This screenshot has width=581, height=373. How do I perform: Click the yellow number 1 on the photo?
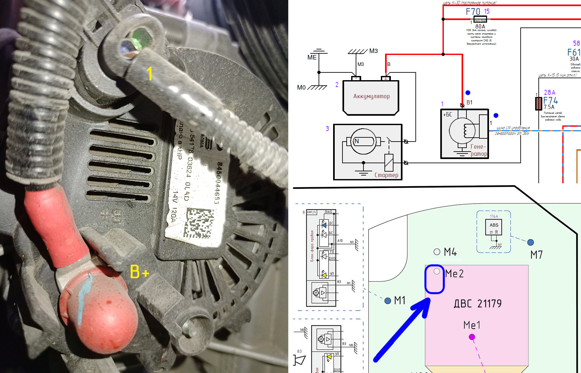(149, 74)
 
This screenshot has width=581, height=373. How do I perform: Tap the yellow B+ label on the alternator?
(139, 272)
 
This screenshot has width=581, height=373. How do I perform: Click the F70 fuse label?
(473, 12)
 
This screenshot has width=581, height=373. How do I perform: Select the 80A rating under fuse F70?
(480, 27)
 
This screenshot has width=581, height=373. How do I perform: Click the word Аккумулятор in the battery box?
(371, 96)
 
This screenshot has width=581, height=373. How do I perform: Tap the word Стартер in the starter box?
(386, 175)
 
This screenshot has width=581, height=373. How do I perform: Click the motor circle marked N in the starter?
(363, 141)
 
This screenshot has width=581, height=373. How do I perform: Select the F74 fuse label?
(550, 101)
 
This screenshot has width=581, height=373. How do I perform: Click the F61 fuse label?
(574, 52)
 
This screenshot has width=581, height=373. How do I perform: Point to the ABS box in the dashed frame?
(494, 225)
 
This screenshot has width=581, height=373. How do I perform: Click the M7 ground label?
(536, 255)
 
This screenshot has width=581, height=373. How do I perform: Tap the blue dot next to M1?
(388, 301)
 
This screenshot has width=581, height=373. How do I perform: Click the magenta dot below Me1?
(472, 337)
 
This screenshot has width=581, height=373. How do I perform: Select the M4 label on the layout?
(450, 252)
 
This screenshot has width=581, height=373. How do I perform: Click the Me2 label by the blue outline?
(454, 274)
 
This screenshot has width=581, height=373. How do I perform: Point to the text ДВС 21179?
(478, 304)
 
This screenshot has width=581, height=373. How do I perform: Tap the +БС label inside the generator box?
(447, 115)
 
